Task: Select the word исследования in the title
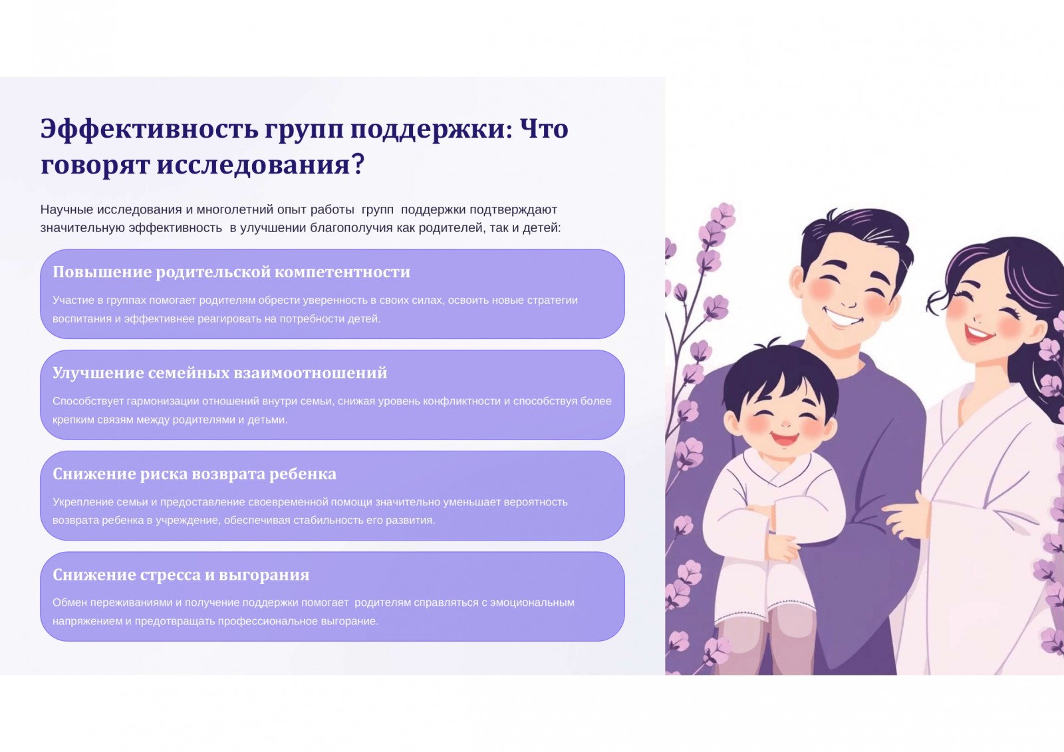click(253, 166)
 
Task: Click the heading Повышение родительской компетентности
click(231, 272)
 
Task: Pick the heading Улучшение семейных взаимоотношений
click(220, 373)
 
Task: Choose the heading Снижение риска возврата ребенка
click(194, 473)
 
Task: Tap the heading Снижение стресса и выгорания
click(181, 575)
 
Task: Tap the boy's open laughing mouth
click(784, 438)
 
